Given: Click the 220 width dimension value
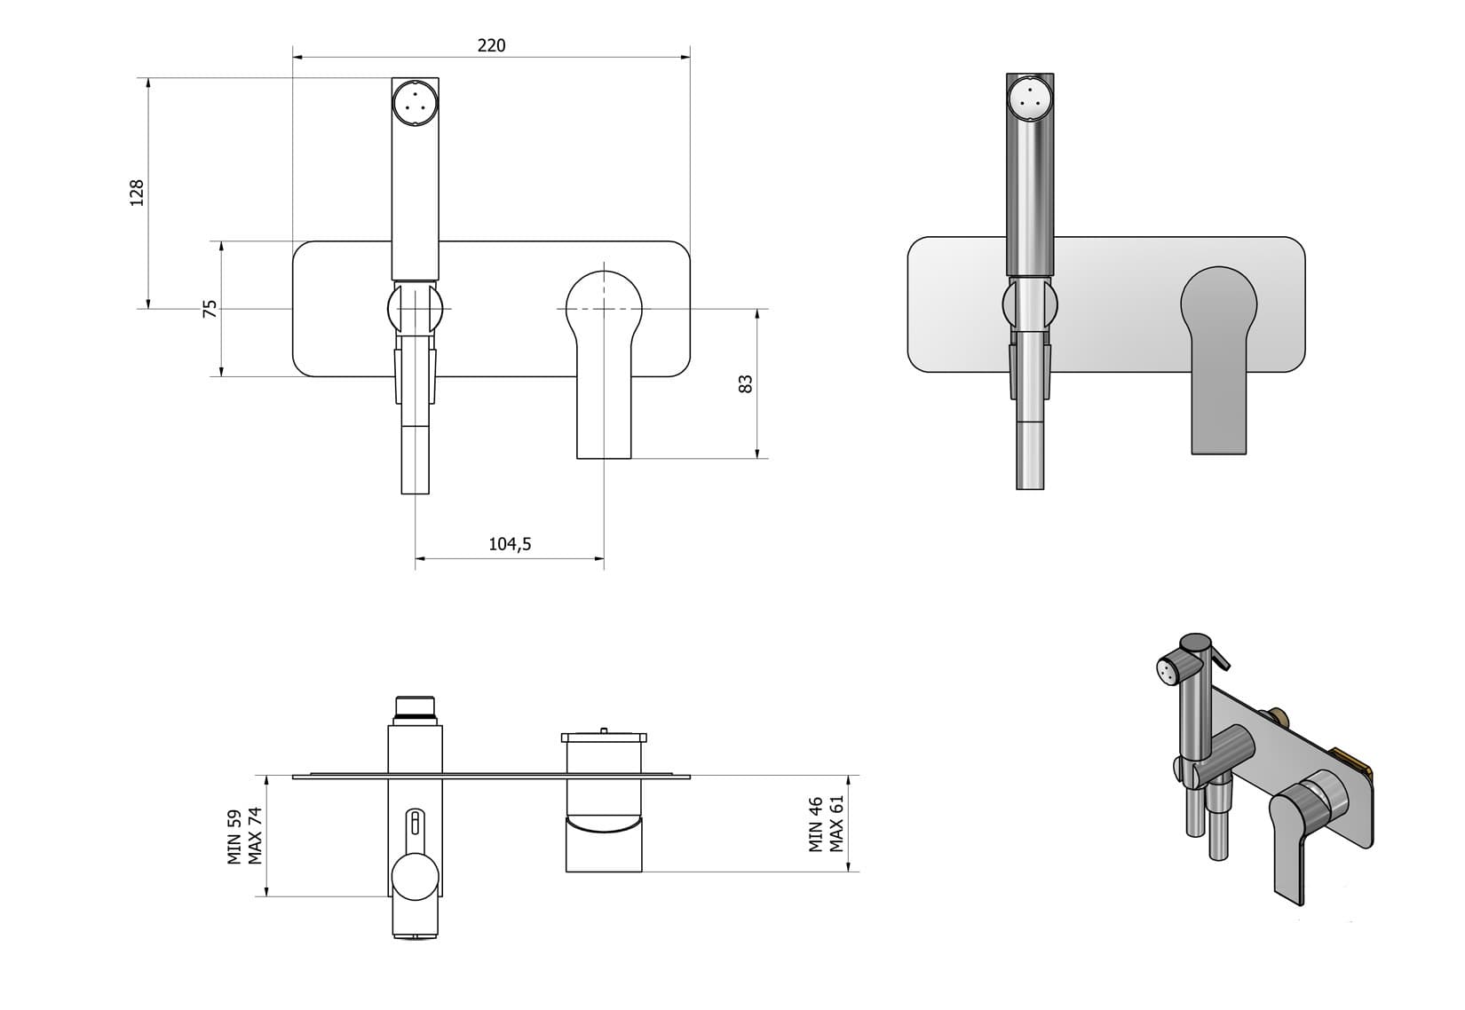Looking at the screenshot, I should [x=491, y=45].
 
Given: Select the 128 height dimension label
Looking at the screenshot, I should [x=137, y=193].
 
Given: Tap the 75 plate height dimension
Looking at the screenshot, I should [x=210, y=309].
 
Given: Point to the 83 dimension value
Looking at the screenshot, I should [x=746, y=383].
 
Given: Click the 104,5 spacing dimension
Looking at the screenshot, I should [x=510, y=544].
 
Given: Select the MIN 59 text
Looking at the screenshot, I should [x=235, y=836].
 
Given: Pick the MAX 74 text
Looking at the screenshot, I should [x=256, y=836].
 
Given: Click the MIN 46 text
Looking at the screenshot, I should [x=816, y=825].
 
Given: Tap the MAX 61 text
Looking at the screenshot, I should [x=836, y=825].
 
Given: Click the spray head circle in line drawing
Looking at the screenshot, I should [x=415, y=99].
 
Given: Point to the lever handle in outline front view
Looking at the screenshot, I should [x=604, y=355].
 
